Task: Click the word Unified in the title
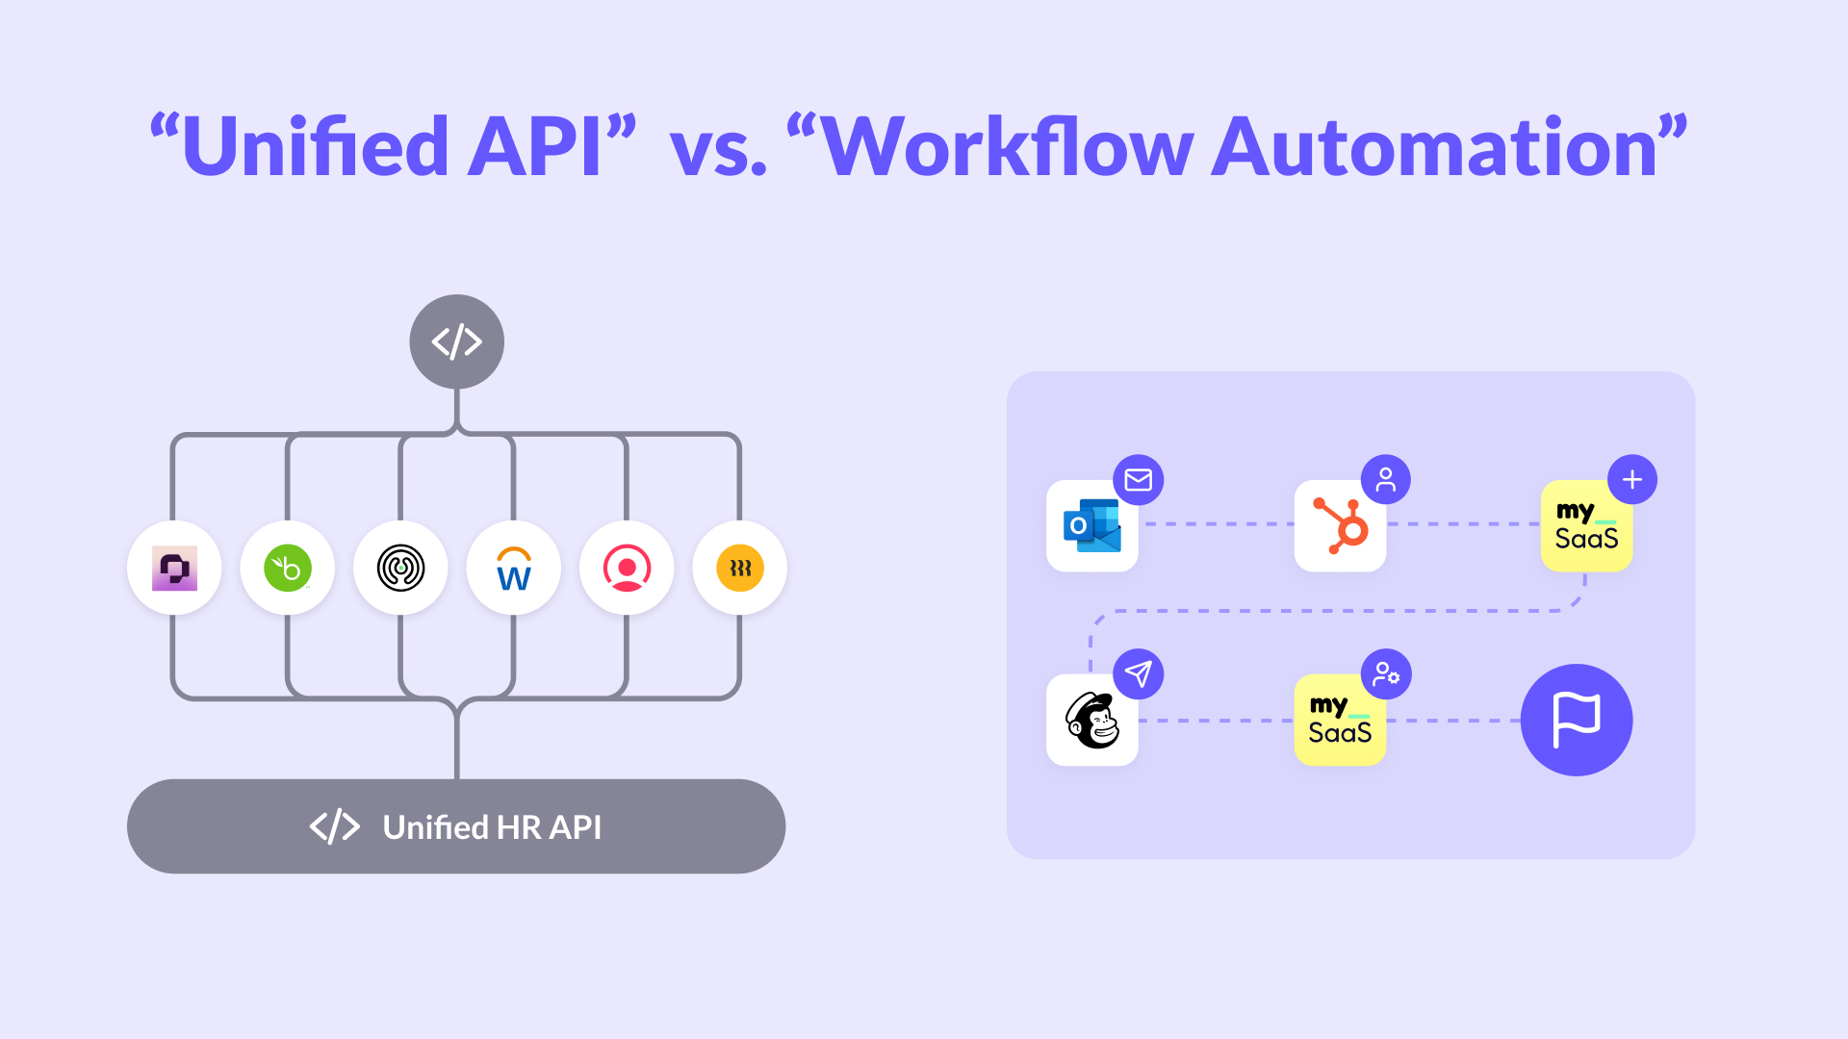tap(315, 147)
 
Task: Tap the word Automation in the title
tap(1434, 147)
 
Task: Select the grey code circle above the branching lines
tap(456, 342)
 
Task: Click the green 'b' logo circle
tap(288, 568)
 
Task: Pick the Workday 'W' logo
tap(514, 569)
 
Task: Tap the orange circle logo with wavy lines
tap(740, 568)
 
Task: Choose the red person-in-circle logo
tap(627, 568)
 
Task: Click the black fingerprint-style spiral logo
tap(400, 568)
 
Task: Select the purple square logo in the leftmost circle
tap(174, 568)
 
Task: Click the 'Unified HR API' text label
tap(492, 827)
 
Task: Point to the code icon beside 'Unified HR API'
tap(335, 826)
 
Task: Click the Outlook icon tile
tap(1091, 526)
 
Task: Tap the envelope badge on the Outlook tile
tap(1139, 479)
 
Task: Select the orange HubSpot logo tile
tap(1340, 526)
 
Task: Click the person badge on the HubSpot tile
tap(1386, 479)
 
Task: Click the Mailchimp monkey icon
tap(1091, 721)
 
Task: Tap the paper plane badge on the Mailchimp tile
tap(1139, 673)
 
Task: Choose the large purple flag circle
tap(1577, 720)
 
